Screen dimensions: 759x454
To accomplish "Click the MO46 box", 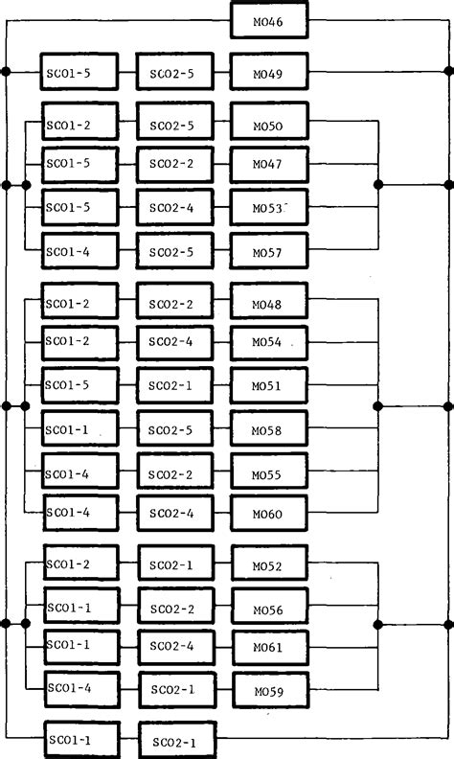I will pyautogui.click(x=269, y=19).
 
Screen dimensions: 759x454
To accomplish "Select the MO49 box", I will pyautogui.click(x=269, y=72).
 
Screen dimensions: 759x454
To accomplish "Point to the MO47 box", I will pyautogui.click(x=269, y=165).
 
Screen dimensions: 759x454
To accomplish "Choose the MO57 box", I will pyautogui.click(x=269, y=252).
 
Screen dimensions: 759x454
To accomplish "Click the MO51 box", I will pyautogui.click(x=269, y=387).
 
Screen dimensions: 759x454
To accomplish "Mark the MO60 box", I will pyautogui.click(x=269, y=514).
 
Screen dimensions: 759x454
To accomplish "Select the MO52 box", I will pyautogui.click(x=269, y=565).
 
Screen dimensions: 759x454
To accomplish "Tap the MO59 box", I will pyautogui.click(x=269, y=690).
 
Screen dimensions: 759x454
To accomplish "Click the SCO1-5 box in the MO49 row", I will pyautogui.click(x=80, y=72).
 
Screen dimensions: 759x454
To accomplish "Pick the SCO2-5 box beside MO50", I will pyautogui.click(x=174, y=123).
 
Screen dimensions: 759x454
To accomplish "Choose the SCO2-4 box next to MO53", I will pyautogui.click(x=174, y=208).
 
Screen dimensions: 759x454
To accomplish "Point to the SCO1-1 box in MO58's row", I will pyautogui.click(x=80, y=430).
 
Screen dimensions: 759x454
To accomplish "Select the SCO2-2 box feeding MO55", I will pyautogui.click(x=174, y=473).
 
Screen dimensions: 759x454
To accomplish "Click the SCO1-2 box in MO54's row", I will pyautogui.click(x=80, y=342).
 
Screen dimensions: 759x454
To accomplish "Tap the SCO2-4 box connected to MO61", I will pyautogui.click(x=174, y=648).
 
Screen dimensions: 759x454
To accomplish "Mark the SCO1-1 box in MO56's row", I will pyautogui.click(x=80, y=608).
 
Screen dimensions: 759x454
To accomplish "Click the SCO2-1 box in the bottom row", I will pyautogui.click(x=177, y=741).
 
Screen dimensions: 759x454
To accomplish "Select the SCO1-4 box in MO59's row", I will pyautogui.click(x=80, y=689).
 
